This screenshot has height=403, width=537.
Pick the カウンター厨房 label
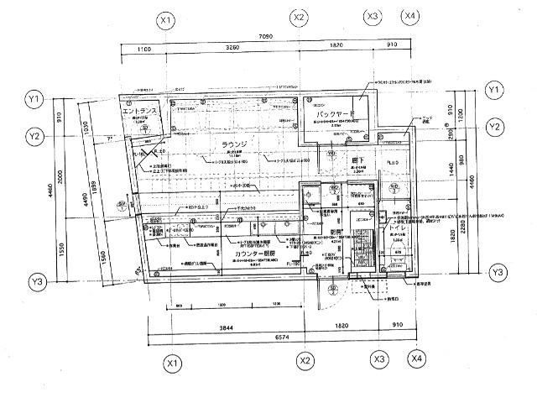click(x=256, y=254)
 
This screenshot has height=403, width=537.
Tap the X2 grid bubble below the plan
click(x=305, y=361)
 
